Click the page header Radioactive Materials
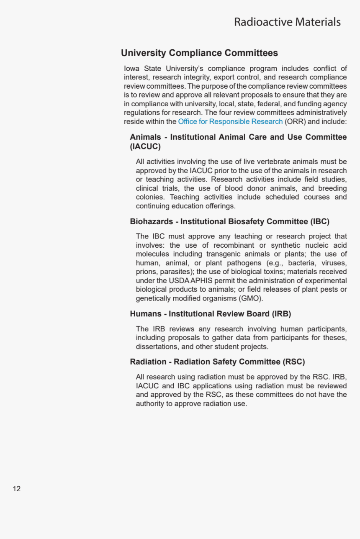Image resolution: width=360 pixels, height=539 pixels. coord(287,22)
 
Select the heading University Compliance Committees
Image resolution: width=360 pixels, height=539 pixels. coord(199,53)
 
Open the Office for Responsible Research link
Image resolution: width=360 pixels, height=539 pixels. coord(230,121)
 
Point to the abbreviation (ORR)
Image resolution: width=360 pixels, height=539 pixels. coord(295,121)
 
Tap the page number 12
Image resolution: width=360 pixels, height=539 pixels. coord(17,489)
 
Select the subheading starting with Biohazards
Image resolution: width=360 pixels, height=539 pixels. coord(229,221)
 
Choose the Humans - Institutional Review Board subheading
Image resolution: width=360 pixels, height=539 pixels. coord(210,314)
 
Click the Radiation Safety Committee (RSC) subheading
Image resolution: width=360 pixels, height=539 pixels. coord(217,362)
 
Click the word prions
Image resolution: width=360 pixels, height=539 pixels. coord(146,272)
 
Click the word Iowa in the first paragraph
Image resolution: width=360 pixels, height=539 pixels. coord(132,69)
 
